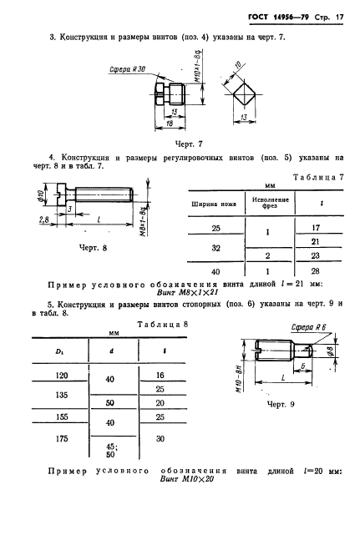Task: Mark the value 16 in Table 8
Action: click(159, 377)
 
